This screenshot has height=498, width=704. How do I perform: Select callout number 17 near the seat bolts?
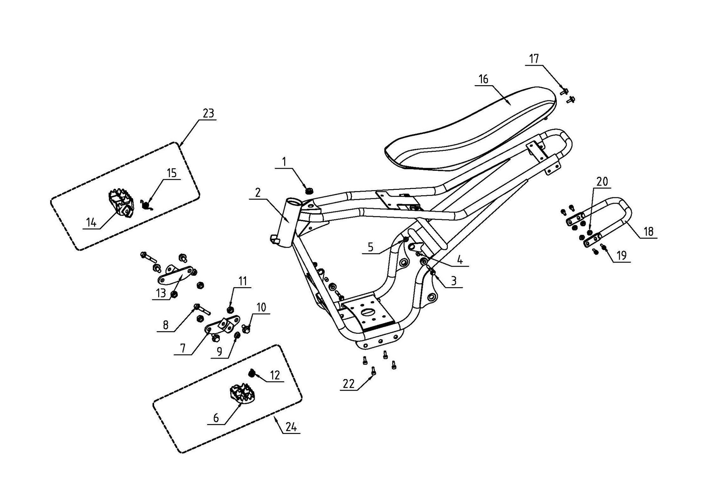(534, 59)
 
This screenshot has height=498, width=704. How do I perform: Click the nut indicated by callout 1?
(309, 190)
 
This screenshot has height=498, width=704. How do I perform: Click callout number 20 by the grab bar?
(602, 182)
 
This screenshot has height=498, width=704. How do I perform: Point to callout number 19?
(622, 255)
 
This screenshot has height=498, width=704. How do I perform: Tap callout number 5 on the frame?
(371, 247)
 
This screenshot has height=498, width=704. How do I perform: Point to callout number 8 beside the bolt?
(166, 325)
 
